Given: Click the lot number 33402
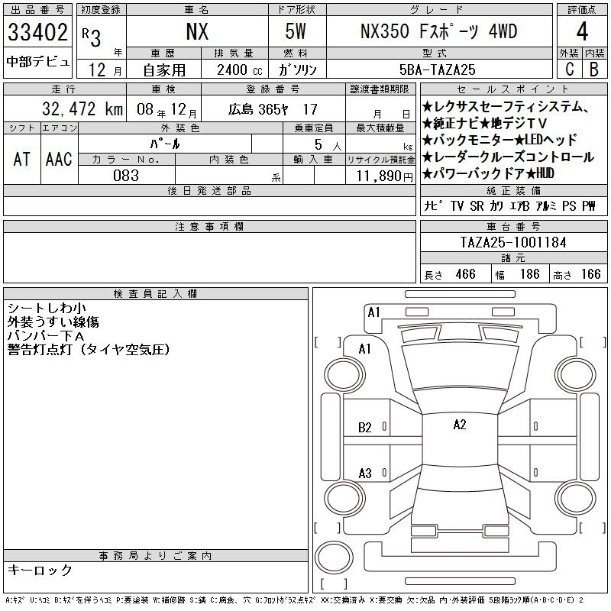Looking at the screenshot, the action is (x=37, y=32).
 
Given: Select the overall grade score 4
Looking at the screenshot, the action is (x=582, y=31).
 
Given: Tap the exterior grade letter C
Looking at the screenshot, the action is (x=570, y=69).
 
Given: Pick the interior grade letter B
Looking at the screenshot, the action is (x=594, y=69).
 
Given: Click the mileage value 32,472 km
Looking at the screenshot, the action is (x=82, y=109).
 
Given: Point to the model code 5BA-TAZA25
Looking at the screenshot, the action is (x=437, y=70).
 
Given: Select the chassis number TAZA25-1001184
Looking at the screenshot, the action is (x=513, y=242).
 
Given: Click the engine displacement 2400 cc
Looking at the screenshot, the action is (x=240, y=70).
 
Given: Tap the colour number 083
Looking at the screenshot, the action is (x=126, y=176).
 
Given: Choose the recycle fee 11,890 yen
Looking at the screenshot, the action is (x=385, y=176).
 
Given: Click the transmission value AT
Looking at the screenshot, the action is (x=21, y=159).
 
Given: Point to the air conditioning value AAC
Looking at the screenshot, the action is (x=59, y=159).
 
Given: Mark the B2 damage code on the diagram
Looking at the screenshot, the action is (x=365, y=428).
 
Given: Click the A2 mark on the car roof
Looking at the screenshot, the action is (x=460, y=425).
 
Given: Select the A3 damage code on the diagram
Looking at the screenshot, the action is (x=365, y=474).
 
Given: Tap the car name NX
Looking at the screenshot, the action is (x=197, y=32).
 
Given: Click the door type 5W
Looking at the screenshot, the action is (x=296, y=31).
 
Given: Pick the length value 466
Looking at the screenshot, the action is (x=465, y=274).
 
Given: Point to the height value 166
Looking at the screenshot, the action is (x=590, y=274).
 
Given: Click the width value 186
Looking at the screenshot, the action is (x=529, y=274).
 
